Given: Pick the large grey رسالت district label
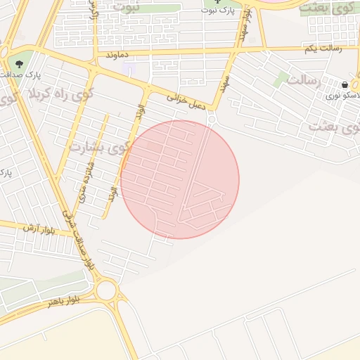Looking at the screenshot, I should pyautogui.click(x=304, y=82).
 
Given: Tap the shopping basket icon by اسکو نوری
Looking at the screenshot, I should pyautogui.click(x=344, y=85).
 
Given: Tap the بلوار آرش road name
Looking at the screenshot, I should pyautogui.click(x=38, y=229).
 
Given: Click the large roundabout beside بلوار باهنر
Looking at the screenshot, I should pyautogui.click(x=107, y=289).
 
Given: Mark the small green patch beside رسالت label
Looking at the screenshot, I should pyautogui.click(x=281, y=78).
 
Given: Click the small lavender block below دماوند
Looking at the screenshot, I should pyautogui.click(x=127, y=68).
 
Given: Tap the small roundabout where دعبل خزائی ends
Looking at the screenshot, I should pyautogui.click(x=212, y=119).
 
